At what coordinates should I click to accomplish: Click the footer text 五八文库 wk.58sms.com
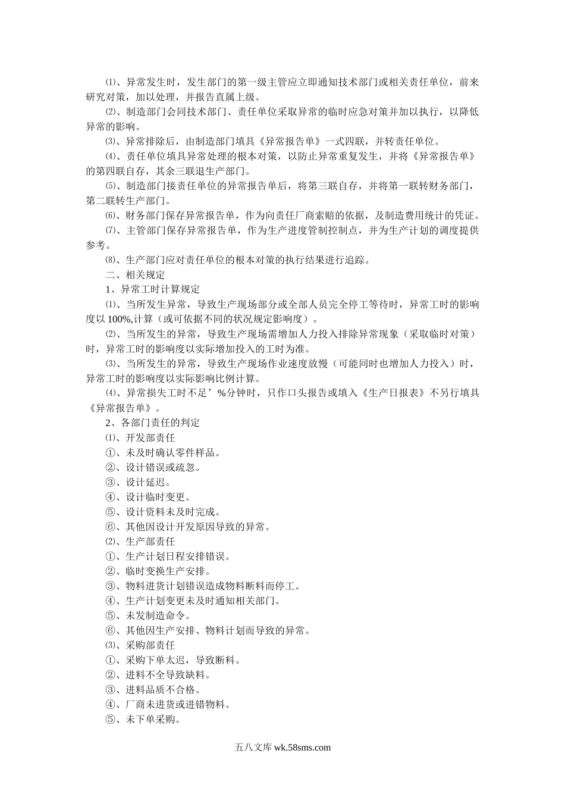[x=282, y=748]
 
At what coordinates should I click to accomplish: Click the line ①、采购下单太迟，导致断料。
[x=173, y=660]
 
